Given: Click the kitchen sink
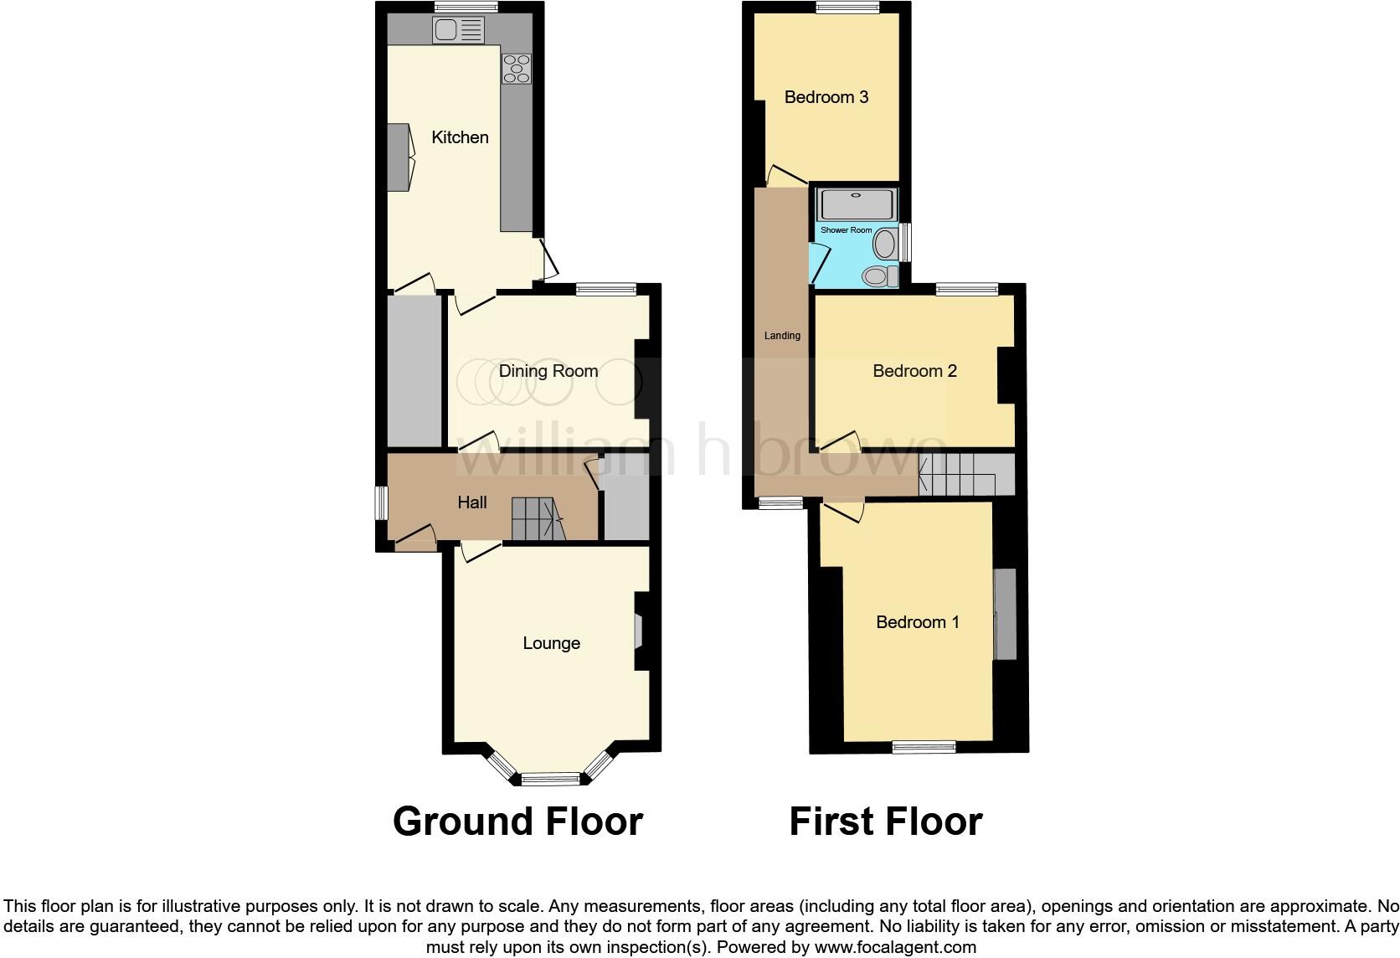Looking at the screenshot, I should coord(458,31).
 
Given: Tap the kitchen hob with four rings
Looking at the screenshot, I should coord(516,69).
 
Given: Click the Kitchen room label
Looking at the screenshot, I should coord(460,137).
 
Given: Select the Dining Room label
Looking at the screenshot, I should coord(548,371).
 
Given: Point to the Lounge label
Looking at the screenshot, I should coord(551,643).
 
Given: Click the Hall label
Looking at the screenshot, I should coord(472,502).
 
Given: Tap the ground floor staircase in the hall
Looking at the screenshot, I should coord(536,518).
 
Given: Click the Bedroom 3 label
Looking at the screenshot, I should coord(826,97).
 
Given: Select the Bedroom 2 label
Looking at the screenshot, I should coord(914,371).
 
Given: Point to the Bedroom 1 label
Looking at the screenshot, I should coord(918,622).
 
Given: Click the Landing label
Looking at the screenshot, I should coord(782,336).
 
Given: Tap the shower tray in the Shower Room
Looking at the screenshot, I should coord(857,204).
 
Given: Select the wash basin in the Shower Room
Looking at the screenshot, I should coord(884,245).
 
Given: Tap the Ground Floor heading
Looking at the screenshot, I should coord(517,822).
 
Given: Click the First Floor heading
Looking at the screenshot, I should coord(886,822).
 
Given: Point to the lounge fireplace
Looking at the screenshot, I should coord(638,632).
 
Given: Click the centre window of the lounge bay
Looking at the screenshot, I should coord(550,779).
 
